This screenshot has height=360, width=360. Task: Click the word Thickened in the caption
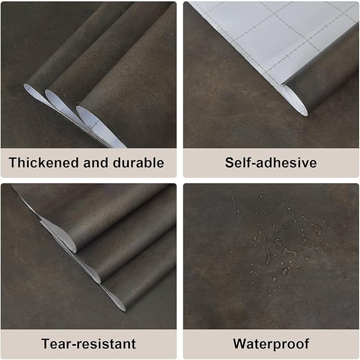pos(43,163)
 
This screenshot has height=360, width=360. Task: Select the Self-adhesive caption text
pos(270,163)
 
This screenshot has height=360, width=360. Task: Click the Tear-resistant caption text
pos(89,344)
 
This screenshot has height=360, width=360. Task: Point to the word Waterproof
pos(271,344)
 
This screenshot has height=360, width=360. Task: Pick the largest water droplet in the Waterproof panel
pos(316,229)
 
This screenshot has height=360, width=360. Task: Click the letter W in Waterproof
pos(240,344)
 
